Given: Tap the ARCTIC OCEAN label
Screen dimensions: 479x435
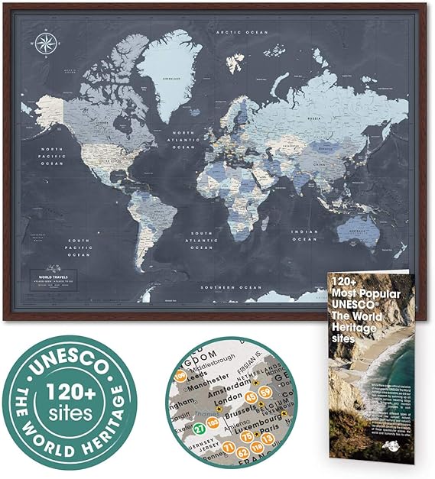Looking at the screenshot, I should pyautogui.click(x=239, y=32).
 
